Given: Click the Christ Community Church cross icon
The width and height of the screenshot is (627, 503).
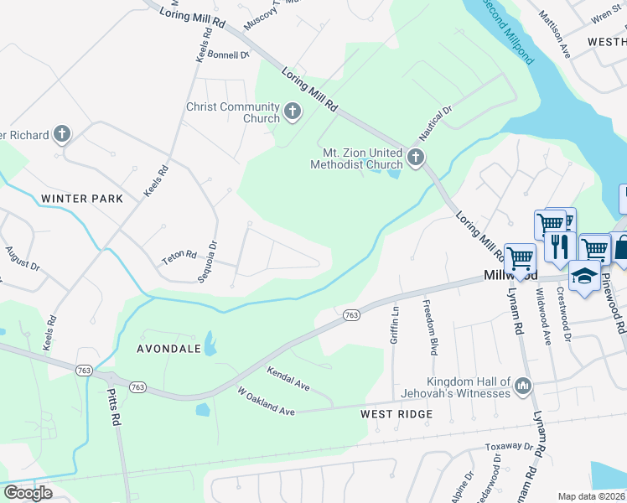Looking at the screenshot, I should coord(293,111).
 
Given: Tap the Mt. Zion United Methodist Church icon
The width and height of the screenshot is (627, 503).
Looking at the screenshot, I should coord(414,157).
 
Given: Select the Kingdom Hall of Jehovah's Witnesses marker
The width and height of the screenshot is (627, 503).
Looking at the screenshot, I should coord(523,386).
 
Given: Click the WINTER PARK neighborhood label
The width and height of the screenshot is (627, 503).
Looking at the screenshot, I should coord(81,199).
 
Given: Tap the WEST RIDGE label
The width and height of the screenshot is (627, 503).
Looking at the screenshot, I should coord(396,414).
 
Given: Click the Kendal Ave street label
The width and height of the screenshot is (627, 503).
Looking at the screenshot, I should coord(288,378).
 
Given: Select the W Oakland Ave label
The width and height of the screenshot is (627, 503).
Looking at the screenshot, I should coord(267,400).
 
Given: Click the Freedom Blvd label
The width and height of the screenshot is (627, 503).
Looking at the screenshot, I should coord(431,319).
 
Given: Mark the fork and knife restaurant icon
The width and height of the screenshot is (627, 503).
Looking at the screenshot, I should coord(560,246).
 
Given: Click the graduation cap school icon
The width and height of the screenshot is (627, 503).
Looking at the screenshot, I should coord(583,274).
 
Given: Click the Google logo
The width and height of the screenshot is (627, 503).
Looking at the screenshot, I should coord(28,492).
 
